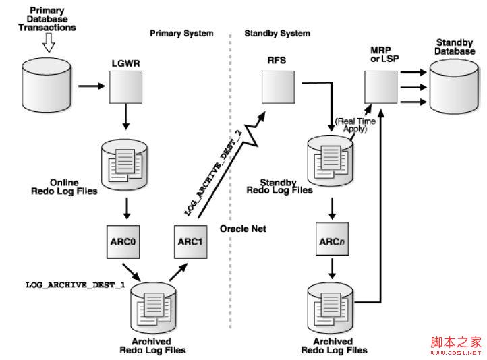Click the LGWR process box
125,87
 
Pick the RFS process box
277,87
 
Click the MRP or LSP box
380,87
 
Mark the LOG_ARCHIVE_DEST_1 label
76,287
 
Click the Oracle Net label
243,229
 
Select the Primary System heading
181,33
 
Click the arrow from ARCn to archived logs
332,268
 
